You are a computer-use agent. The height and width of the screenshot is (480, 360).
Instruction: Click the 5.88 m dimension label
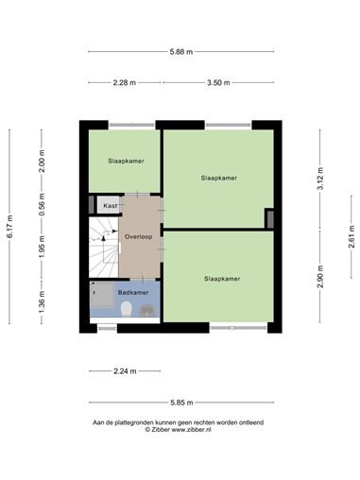pos(181,52)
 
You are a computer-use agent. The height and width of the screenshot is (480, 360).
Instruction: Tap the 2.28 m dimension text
pos(125,83)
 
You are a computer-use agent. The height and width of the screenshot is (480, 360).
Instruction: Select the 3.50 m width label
pos(218,83)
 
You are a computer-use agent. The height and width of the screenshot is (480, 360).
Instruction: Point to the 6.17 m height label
pos(9,227)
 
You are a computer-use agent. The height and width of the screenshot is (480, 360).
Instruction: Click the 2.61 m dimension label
pos(351,237)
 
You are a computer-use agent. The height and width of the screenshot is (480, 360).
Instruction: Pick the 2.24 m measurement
pos(125,371)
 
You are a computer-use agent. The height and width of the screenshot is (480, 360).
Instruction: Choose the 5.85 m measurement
pos(181,403)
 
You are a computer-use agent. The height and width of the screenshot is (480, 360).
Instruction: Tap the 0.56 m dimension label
pos(42,205)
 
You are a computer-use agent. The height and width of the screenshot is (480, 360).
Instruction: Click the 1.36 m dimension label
pos(42,302)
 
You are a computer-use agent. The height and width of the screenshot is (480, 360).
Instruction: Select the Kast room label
pos(111,206)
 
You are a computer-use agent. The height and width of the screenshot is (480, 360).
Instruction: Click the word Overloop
pos(139,237)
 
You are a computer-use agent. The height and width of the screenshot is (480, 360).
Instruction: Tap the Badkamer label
pos(133,293)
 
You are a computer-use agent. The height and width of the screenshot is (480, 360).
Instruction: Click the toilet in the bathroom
pos(127,309)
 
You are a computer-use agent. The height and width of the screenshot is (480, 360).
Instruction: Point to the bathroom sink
pos(147,311)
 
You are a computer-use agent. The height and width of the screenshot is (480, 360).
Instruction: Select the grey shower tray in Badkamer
pos(102,295)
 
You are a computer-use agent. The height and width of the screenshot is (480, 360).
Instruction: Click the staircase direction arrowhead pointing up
pos(103,238)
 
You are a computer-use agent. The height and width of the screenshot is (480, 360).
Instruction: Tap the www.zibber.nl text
pos(191,430)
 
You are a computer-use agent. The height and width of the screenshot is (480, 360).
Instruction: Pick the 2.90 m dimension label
pos(320,276)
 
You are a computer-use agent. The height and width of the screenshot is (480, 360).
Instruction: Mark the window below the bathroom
pos(107,329)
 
